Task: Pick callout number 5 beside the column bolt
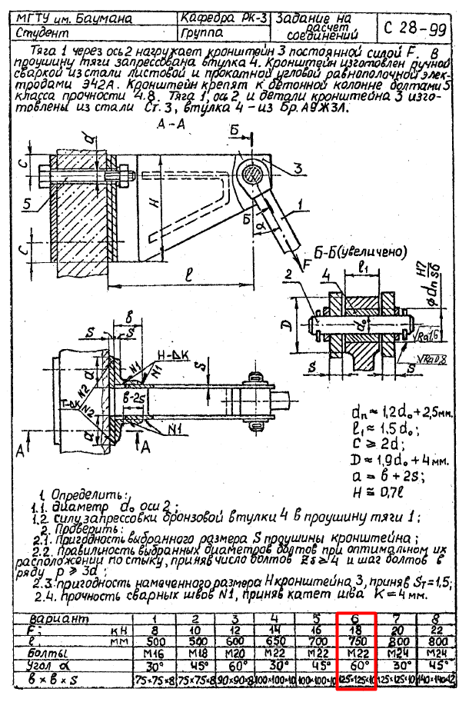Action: tap(28, 204)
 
